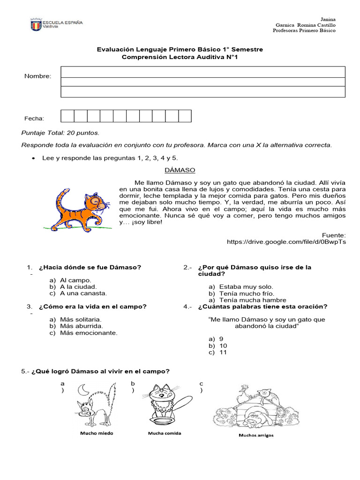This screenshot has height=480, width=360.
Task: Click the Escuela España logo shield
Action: click(36, 25)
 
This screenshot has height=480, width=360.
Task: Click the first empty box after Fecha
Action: click(67, 116)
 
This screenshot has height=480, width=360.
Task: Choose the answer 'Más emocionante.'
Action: click(89, 333)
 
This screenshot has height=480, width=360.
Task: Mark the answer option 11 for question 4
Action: click(223, 352)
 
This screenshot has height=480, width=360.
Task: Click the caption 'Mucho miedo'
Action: click(97, 433)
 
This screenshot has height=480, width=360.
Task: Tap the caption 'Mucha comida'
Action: click(165, 433)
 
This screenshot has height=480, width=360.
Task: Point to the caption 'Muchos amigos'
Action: click(256, 435)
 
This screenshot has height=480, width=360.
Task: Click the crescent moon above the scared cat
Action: click(83, 390)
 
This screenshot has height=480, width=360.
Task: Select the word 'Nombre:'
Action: click(38, 76)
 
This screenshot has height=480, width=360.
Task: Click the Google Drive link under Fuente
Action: click(286, 242)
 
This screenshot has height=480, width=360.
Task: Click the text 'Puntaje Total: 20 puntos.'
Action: click(60, 133)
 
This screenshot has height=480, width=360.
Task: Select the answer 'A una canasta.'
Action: click(83, 293)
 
